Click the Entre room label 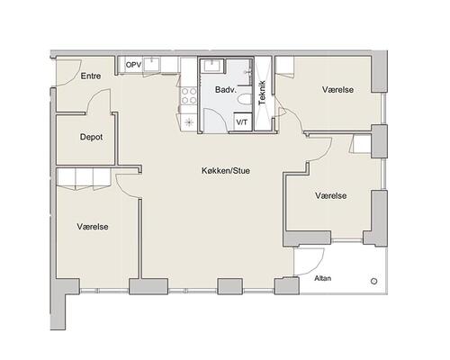coord(91,76)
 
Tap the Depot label coord(91,137)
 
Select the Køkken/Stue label coord(226,171)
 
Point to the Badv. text coord(226,90)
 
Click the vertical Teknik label coord(263,93)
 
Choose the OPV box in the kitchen coord(133,65)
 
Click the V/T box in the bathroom coord(242,122)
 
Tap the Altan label coord(323,278)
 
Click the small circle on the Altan coord(373,282)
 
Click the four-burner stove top coord(189,95)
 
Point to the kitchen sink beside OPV coord(152,64)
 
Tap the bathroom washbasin coord(212,66)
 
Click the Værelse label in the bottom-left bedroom coord(93,227)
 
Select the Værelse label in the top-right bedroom coord(337,90)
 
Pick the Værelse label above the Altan coord(330,195)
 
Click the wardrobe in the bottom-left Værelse coord(84,179)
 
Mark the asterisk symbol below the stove coord(189,122)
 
